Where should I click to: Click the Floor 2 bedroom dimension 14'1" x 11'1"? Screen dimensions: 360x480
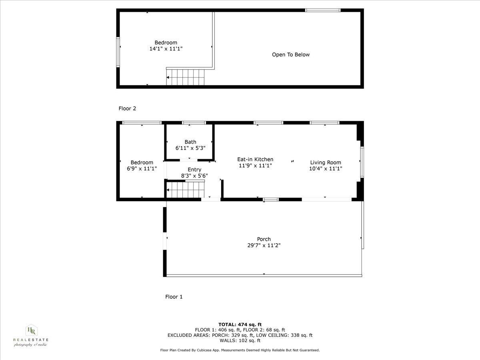coord(166,48)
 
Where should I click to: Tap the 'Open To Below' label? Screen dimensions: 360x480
coord(291,55)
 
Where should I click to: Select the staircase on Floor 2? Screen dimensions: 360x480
coord(186,76)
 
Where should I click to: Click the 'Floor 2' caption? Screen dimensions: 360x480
coord(127,108)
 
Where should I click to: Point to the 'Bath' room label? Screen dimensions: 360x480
coord(190,142)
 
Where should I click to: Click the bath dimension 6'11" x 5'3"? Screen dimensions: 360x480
coord(190,148)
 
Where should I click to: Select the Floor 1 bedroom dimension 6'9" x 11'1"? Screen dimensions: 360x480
coord(142,169)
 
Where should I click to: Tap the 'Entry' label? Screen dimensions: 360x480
coord(194,170)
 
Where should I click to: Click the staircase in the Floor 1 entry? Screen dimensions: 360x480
coord(185,189)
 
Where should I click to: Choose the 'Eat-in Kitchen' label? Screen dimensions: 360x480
coord(255,159)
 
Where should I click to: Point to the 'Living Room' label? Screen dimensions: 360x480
coord(326,162)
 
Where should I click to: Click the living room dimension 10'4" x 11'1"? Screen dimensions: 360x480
coord(326,169)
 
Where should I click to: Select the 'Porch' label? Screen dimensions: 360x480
coord(264,239)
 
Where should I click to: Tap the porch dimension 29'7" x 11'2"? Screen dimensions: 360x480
coord(264,246)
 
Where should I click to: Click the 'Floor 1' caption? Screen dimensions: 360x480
coord(174,297)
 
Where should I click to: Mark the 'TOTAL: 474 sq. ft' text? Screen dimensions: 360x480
coord(240,324)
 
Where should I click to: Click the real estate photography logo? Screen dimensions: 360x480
coord(31,335)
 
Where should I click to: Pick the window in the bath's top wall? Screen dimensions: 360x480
coord(194,123)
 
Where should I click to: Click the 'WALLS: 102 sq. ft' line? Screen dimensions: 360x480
coord(240,341)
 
